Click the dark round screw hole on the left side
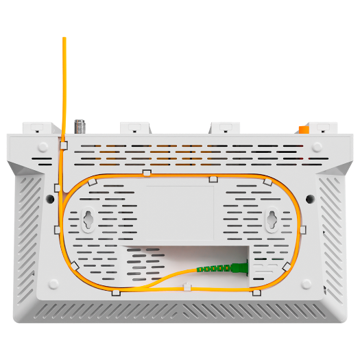tap(50, 198)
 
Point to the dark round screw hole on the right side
tap(310, 198)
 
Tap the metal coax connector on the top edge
tap(80, 126)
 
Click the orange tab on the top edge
tap(302, 128)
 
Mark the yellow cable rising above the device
tap(64, 82)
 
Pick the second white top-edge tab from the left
tap(135, 128)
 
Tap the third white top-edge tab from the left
tap(225, 128)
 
